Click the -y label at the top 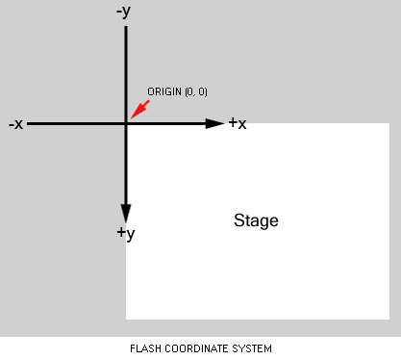(x=123, y=13)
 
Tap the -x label (x=15, y=124)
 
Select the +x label (x=238, y=123)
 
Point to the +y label (x=125, y=233)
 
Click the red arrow (x=138, y=109)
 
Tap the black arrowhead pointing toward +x (x=215, y=123)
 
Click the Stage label (x=256, y=220)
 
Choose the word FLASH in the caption (x=144, y=347)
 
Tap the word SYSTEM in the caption (x=252, y=347)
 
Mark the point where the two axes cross (x=126, y=123)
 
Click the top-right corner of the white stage (x=388, y=123)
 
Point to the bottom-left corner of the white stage (x=126, y=319)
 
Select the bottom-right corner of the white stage (x=388, y=319)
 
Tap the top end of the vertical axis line (x=126, y=27)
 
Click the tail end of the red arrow (x=149, y=99)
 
